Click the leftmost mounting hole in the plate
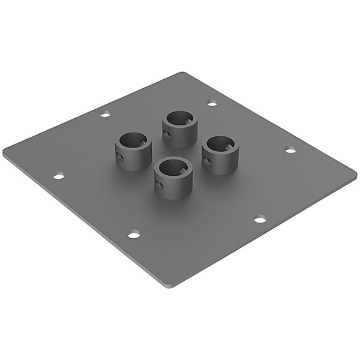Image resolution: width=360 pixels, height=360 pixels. [59, 176]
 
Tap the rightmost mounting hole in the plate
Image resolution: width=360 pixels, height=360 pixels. [290, 149]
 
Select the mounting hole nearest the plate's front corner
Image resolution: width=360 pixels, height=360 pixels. [133, 233]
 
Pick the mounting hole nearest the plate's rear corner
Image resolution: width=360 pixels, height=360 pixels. [212, 103]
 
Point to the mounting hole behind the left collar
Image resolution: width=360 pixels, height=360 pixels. [105, 113]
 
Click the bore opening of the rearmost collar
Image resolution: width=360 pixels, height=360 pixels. [180, 118]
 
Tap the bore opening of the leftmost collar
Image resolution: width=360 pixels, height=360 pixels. [134, 141]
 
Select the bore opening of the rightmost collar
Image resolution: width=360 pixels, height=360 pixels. [220, 145]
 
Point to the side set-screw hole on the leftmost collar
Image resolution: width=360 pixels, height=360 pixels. [121, 159]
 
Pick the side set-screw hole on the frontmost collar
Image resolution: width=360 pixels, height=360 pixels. [160, 187]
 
